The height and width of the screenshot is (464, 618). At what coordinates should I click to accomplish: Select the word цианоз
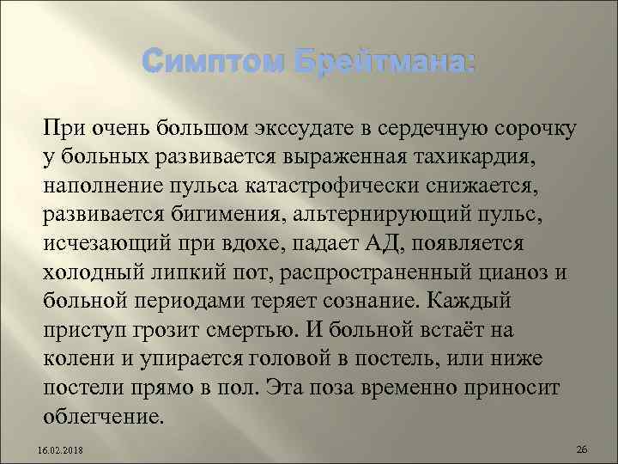pyautogui.click(x=508, y=267)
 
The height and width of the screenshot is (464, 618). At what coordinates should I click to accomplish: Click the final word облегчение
pyautogui.click(x=102, y=406)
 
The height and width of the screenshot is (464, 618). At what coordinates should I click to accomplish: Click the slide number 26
pyautogui.click(x=581, y=449)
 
